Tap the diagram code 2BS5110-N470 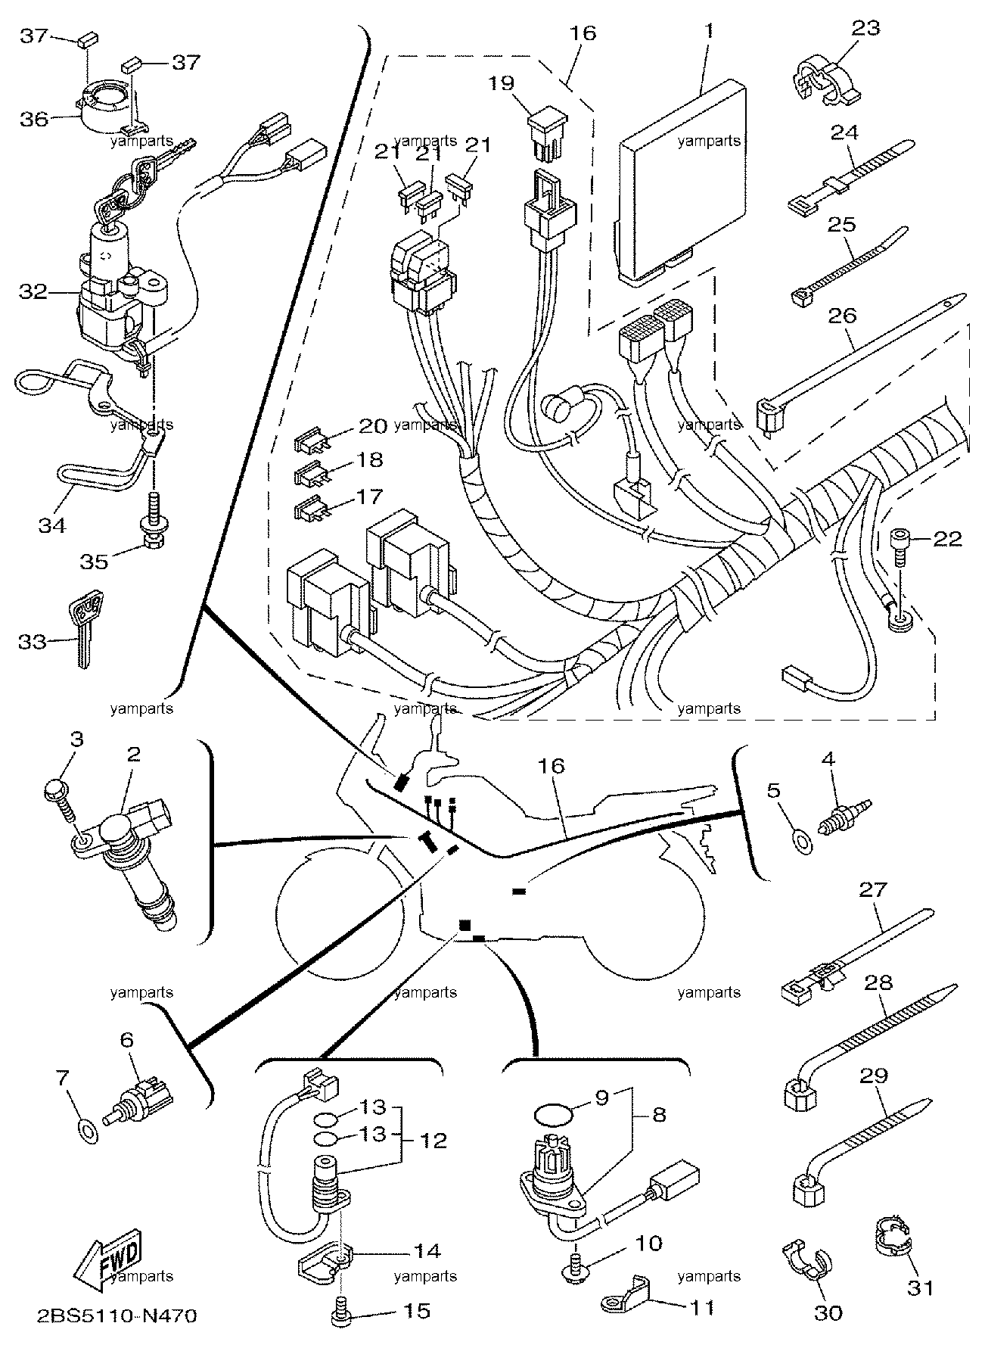117,1316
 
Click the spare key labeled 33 85,627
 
